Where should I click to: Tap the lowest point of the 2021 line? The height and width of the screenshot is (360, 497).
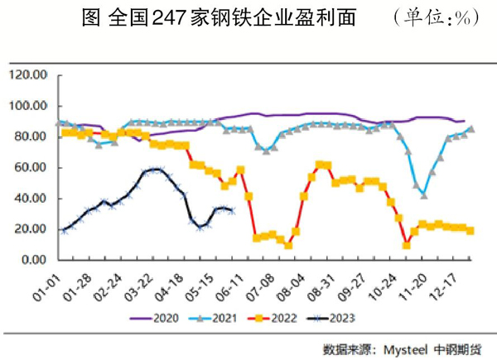pyautogui.click(x=424, y=195)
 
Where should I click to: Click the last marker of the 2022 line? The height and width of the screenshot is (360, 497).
pyautogui.click(x=470, y=231)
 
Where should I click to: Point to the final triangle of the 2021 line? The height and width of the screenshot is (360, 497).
pyautogui.click(x=471, y=128)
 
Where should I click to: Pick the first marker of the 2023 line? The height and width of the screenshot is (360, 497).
pyautogui.click(x=65, y=230)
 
